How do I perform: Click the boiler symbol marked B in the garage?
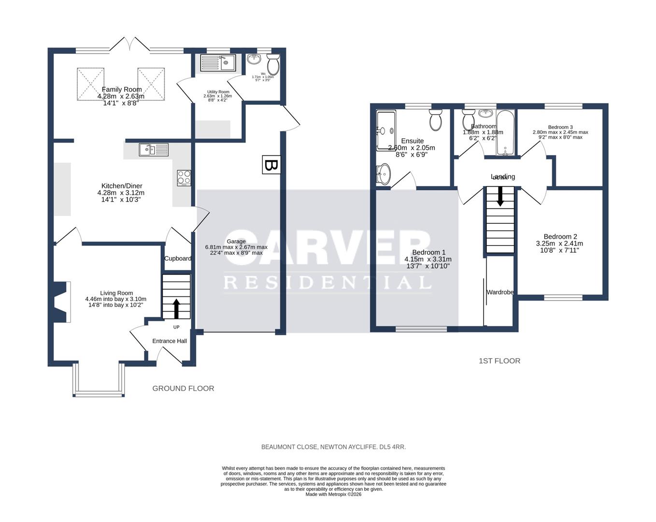point(271,165)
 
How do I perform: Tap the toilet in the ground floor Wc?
point(273,64)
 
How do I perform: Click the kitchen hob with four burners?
point(184,178)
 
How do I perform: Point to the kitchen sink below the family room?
point(154,150)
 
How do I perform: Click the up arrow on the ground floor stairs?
point(176,308)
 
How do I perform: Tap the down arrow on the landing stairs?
point(500,196)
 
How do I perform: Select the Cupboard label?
point(177,259)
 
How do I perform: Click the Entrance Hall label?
point(170,341)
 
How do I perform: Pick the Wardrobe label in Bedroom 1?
point(500,292)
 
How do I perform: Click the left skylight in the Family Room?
point(90,84)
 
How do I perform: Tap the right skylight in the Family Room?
point(152,84)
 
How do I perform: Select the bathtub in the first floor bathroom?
point(505,132)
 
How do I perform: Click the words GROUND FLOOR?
point(183,388)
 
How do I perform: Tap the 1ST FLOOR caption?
point(499,361)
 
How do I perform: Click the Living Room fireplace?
point(62,302)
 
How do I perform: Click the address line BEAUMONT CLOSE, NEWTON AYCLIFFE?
point(333,447)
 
